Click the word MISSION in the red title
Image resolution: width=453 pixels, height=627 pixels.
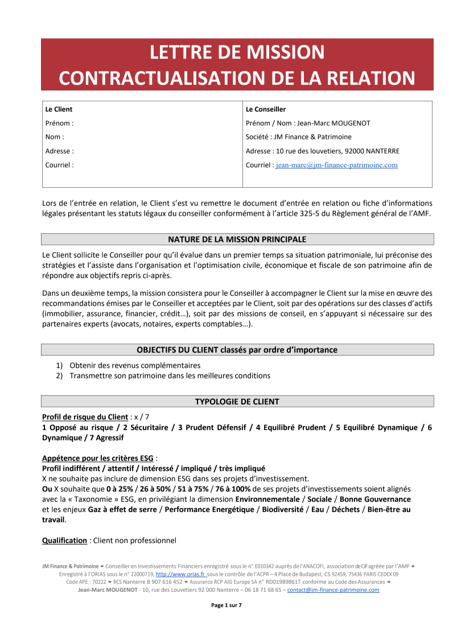point(277,52)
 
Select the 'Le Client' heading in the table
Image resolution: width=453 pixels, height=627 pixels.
point(59,109)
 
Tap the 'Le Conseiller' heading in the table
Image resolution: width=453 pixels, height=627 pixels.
point(266,109)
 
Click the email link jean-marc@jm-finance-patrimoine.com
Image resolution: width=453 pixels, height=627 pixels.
point(336,166)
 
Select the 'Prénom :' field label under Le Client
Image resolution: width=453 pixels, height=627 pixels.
point(59,123)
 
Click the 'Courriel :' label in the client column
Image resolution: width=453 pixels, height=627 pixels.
point(59,166)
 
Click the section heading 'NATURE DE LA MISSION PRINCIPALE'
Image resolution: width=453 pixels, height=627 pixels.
point(237,239)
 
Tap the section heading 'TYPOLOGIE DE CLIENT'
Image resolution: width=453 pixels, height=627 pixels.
point(237,402)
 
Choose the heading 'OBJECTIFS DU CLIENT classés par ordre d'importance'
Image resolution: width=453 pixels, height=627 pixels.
point(237,350)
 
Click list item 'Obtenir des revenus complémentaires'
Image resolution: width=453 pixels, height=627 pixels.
point(135,365)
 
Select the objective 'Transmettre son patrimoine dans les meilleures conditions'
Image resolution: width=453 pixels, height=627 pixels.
point(170,376)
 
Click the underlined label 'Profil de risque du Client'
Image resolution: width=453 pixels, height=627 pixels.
point(85,417)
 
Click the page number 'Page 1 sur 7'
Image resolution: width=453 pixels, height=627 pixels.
point(226,605)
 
